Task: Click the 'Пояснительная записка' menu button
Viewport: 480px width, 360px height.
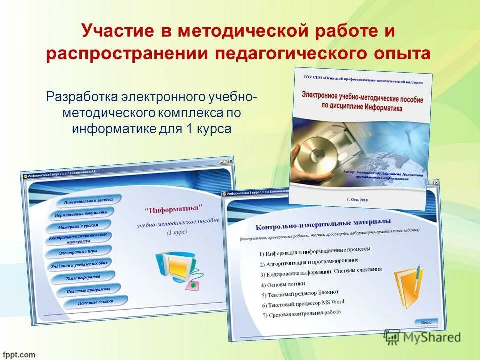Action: [89, 201]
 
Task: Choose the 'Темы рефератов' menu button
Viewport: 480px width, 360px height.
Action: [83, 277]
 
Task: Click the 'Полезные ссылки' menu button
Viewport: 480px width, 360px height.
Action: [95, 302]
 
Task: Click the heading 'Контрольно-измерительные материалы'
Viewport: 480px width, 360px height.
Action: [323, 223]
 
